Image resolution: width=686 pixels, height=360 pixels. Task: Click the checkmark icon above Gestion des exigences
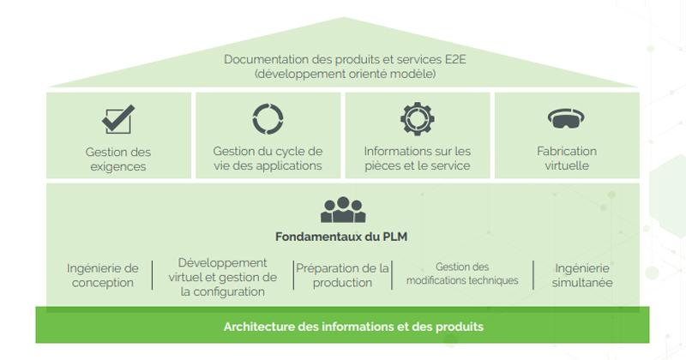[117, 119]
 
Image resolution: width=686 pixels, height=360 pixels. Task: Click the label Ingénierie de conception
[102, 275]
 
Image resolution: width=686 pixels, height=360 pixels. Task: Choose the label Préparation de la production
[342, 275]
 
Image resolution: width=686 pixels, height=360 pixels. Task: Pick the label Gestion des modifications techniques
[462, 273]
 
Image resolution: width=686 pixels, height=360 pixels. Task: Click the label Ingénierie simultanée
[583, 275]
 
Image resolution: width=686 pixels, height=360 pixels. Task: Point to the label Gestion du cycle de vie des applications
[268, 159]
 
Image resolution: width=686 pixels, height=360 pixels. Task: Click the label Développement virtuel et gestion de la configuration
[222, 276]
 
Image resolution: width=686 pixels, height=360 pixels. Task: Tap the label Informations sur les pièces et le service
[417, 159]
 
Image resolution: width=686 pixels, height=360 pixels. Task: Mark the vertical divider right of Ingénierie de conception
[153, 275]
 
